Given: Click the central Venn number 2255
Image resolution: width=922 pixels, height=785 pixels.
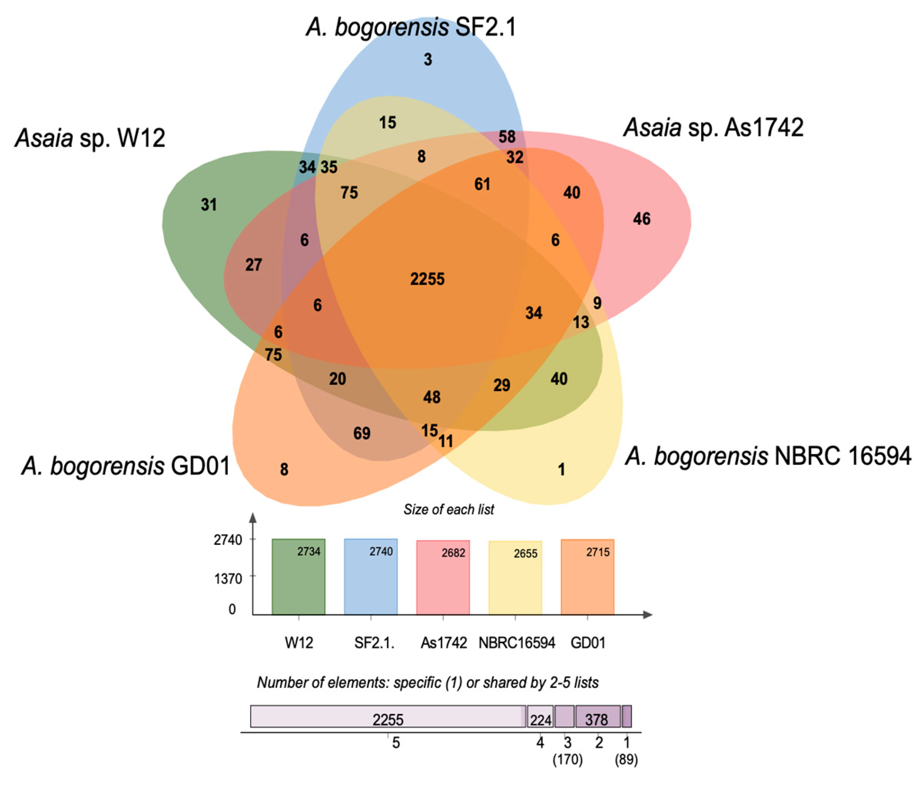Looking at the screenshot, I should pyautogui.click(x=427, y=279).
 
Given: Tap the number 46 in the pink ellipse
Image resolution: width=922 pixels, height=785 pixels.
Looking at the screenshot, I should pyautogui.click(x=642, y=219).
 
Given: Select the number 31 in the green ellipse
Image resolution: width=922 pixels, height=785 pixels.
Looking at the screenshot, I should pyautogui.click(x=209, y=205).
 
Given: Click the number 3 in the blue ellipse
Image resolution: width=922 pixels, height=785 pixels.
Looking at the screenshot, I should pyautogui.click(x=428, y=59).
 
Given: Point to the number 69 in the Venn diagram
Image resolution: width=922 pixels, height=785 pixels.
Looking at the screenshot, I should pyautogui.click(x=362, y=433).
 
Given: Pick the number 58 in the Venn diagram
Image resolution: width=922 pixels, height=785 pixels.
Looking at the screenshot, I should pyautogui.click(x=507, y=137).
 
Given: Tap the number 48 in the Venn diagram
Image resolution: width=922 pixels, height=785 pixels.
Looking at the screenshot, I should pyautogui.click(x=432, y=397).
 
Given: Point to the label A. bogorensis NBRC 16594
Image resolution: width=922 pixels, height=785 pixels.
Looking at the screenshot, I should pyautogui.click(x=768, y=456).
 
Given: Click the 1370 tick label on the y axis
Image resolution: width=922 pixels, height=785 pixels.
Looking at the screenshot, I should pyautogui.click(x=228, y=579).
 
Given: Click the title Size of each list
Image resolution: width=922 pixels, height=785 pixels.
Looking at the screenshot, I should pyautogui.click(x=449, y=510).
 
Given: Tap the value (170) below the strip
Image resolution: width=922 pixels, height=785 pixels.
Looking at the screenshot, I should pyautogui.click(x=567, y=760).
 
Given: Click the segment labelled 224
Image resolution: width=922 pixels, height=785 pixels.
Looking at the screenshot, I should pyautogui.click(x=541, y=720).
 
